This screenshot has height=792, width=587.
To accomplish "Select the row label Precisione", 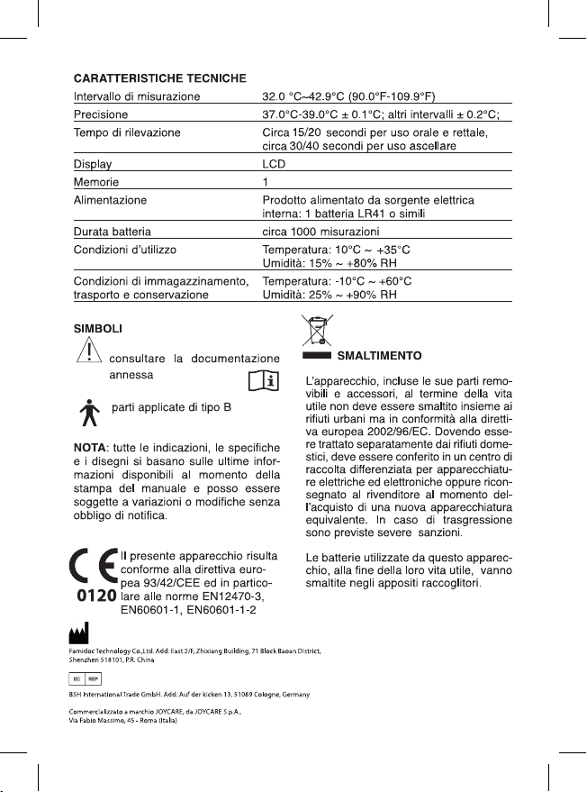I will (x=100, y=114).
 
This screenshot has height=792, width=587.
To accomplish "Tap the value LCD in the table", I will (x=271, y=166).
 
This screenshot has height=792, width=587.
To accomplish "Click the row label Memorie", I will (x=97, y=182).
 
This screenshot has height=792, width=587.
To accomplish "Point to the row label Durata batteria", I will (x=113, y=232).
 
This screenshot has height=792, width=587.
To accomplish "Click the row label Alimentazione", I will (x=110, y=199).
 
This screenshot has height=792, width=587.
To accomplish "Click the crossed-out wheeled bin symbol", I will (x=317, y=331).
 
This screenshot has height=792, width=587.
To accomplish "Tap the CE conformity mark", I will (x=94, y=569).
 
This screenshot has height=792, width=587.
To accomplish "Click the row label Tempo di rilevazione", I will (x=126, y=132).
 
